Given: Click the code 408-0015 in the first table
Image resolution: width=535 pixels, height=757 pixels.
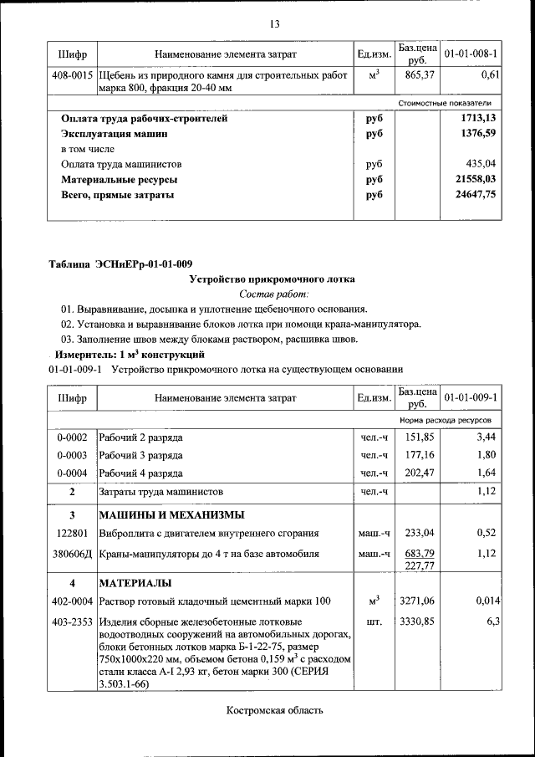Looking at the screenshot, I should [x=72, y=75].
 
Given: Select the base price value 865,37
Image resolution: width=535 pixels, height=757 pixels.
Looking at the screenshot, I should [x=415, y=75].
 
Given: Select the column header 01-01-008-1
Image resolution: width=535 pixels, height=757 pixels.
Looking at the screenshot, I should [x=471, y=54].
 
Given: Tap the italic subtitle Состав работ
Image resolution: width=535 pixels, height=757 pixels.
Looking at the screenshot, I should [x=273, y=294].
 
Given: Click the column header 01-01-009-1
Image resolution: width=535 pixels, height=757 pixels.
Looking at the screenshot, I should [x=471, y=397].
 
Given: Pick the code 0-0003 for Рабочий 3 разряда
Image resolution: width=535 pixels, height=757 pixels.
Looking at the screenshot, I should [x=72, y=455].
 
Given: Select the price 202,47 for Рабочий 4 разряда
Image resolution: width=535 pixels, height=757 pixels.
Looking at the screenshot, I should [x=416, y=473].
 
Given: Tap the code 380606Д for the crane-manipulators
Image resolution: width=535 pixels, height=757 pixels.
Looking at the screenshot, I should [x=72, y=554].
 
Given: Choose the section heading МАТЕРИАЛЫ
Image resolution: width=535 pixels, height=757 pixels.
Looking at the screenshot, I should [x=135, y=582].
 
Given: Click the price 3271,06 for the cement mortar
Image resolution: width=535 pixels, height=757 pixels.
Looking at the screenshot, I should [x=416, y=601].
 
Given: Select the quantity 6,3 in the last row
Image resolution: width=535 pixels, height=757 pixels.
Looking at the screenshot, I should [x=492, y=621].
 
